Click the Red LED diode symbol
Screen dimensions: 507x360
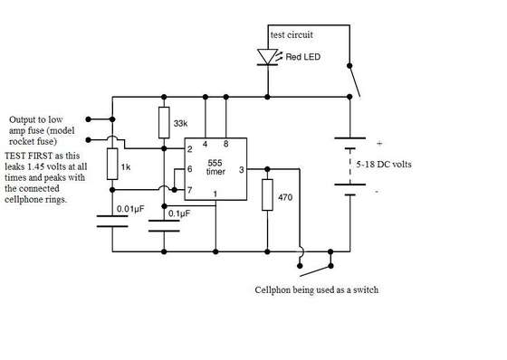(x=267, y=57)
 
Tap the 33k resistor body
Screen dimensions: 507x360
(x=164, y=123)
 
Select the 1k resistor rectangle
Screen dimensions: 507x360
(x=112, y=164)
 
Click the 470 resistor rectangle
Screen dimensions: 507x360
(x=267, y=194)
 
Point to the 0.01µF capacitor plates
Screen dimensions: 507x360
(x=112, y=222)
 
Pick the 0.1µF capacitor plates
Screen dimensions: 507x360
(x=164, y=226)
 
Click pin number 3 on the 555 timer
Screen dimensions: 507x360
(x=241, y=170)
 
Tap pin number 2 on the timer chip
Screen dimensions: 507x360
(x=190, y=149)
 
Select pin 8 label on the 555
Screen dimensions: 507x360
(x=225, y=144)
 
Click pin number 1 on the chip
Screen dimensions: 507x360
(x=215, y=194)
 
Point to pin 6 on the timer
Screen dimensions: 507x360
(x=190, y=168)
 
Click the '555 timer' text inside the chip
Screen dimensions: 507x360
(x=215, y=167)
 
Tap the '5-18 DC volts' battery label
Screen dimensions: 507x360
(x=384, y=164)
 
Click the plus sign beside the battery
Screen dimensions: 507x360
(x=379, y=143)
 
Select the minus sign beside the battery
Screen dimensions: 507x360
(x=377, y=192)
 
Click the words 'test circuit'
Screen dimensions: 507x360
(x=292, y=34)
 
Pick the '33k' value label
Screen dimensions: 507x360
(x=180, y=123)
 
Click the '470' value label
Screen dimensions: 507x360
(x=285, y=197)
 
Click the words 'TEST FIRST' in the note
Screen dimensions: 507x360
(x=28, y=156)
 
